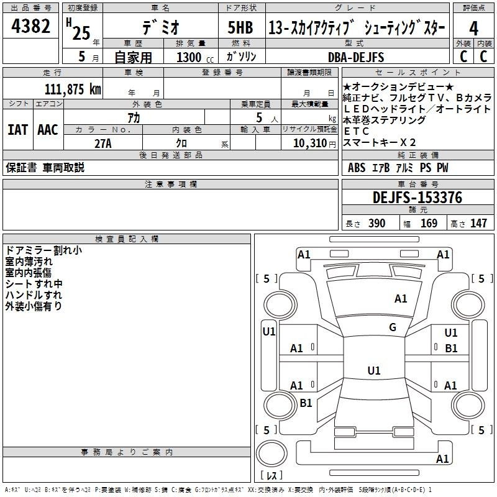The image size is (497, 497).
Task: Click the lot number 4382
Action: click(30, 26)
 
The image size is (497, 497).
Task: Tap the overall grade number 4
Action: click(473, 29)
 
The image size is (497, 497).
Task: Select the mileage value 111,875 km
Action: click(73, 89)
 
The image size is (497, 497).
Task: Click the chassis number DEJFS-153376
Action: click(417, 198)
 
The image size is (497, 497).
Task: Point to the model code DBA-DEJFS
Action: click(356, 57)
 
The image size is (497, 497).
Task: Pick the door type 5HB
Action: click(240, 27)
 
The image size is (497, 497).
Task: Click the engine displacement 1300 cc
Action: click(195, 57)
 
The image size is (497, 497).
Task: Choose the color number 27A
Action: click(103, 144)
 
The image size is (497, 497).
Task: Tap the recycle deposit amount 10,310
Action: click(310, 144)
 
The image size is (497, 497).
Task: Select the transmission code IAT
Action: click(17, 130)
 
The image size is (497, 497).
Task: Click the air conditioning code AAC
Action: click(48, 130)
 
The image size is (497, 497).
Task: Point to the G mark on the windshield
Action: click(393, 327)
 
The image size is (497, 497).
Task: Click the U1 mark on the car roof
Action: click(374, 370)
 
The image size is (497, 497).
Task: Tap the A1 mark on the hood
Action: click(401, 299)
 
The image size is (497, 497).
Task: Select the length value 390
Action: click(376, 223)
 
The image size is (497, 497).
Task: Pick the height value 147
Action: click(478, 223)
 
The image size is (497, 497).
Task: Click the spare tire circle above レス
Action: click(271, 454)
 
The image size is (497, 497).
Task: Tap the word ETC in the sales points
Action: click(356, 131)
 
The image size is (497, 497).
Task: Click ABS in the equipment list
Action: click(357, 168)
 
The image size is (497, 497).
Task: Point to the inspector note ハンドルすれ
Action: click(34, 295)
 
